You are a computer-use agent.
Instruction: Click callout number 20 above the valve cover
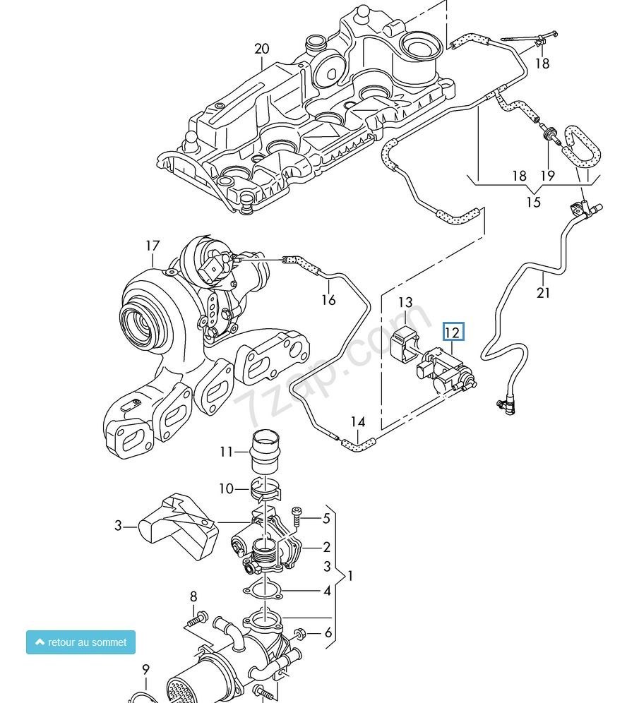coord(262,49)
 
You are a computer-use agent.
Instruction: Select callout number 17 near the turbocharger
coord(153,246)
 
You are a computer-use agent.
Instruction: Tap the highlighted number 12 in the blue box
coord(453,332)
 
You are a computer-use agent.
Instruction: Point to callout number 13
coord(405,302)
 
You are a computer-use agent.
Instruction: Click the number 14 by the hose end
coord(358,422)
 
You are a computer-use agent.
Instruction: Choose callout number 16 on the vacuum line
coord(328,299)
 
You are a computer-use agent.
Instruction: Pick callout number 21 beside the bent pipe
coord(543,292)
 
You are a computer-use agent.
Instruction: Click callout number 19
coord(548,176)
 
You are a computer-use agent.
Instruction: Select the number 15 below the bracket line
coord(534,202)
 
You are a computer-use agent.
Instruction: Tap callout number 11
coord(225,451)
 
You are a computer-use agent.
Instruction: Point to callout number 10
coord(225,488)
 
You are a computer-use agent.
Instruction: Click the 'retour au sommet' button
coord(80,642)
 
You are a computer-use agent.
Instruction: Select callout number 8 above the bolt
coord(193,596)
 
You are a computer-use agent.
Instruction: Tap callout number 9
coord(145,669)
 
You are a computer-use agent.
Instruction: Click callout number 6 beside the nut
coord(328,633)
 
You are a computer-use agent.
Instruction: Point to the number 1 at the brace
coord(350,576)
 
